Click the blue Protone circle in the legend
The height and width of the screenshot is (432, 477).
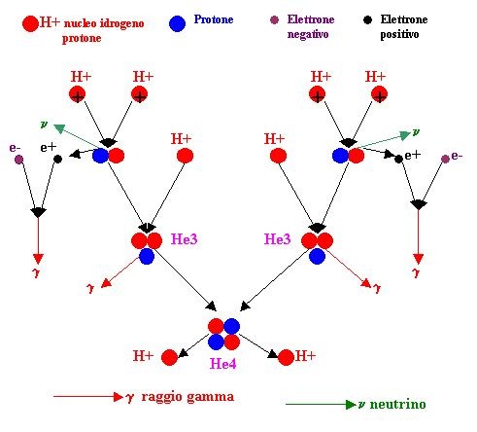coord(177,23)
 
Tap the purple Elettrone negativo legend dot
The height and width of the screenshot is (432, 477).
coord(274,20)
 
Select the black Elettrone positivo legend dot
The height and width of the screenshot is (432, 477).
coord(367,20)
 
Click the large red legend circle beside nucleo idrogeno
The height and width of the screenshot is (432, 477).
coord(30,23)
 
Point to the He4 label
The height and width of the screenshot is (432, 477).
coord(222,364)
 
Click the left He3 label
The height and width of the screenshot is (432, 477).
coord(184,239)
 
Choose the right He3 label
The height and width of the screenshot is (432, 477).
coord(278,239)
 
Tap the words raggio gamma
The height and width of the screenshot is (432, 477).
coord(187,397)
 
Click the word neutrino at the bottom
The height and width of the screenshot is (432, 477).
coord(397,405)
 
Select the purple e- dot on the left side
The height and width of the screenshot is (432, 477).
coord(18,160)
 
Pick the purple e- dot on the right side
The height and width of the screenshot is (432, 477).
coord(445,159)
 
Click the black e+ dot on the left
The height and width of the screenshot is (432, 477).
coord(57,160)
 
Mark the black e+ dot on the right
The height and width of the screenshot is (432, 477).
coord(398,159)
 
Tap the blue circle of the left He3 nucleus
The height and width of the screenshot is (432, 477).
coord(147,257)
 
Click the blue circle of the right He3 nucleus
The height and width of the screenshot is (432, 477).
coord(317,257)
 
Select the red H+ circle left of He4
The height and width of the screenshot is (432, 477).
coord(169,357)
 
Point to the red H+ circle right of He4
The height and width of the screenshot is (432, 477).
coord(286,357)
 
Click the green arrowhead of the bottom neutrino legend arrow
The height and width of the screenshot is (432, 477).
coord(351,405)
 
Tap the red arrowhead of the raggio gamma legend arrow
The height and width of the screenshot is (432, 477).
coord(119,397)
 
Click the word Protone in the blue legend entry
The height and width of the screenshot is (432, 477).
coord(214,19)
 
